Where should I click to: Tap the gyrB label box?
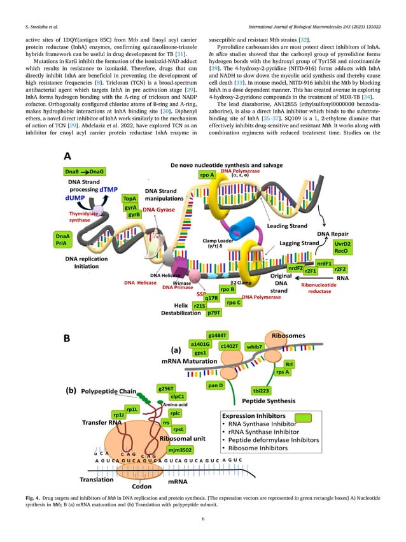pos(134,216)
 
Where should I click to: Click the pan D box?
pos(216,386)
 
